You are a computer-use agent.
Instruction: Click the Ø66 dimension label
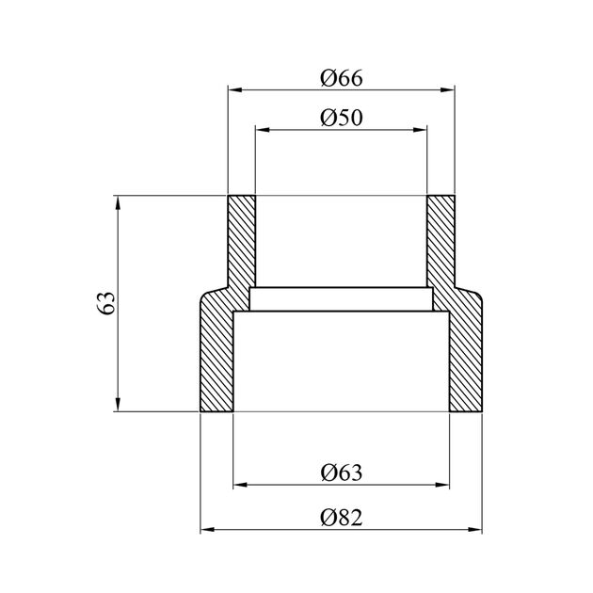pos(341,78)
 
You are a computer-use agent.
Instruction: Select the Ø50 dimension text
pos(341,118)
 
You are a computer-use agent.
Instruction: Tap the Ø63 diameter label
pos(341,473)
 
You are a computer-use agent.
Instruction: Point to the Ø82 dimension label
pos(341,518)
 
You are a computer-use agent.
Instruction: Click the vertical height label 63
pos(105,302)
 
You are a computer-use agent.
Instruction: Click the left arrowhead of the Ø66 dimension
pos(235,90)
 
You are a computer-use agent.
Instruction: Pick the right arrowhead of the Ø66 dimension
pos(447,90)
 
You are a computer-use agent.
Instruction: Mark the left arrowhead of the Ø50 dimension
pos(263,130)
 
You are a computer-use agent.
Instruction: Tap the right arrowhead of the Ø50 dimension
pos(420,130)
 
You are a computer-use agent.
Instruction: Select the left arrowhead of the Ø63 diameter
pos(241,485)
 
